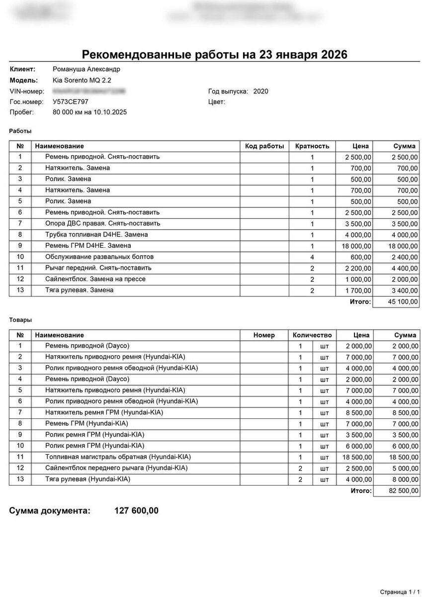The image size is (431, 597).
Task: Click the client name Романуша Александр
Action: (x=86, y=69)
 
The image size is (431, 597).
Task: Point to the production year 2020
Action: (x=260, y=91)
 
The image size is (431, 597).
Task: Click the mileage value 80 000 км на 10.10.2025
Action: (x=89, y=112)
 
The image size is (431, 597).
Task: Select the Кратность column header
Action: (x=312, y=146)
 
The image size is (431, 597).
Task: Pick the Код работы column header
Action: (x=264, y=146)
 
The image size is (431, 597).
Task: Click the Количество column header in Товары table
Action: (x=312, y=335)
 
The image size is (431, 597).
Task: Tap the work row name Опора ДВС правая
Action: (x=102, y=223)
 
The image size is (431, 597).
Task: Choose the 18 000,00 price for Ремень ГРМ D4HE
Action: (x=355, y=246)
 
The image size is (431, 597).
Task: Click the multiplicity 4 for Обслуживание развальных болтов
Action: (x=312, y=257)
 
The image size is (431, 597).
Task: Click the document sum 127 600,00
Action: (x=137, y=510)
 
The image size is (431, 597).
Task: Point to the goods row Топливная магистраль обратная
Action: (x=118, y=457)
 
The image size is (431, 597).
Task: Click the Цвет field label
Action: (x=217, y=102)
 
